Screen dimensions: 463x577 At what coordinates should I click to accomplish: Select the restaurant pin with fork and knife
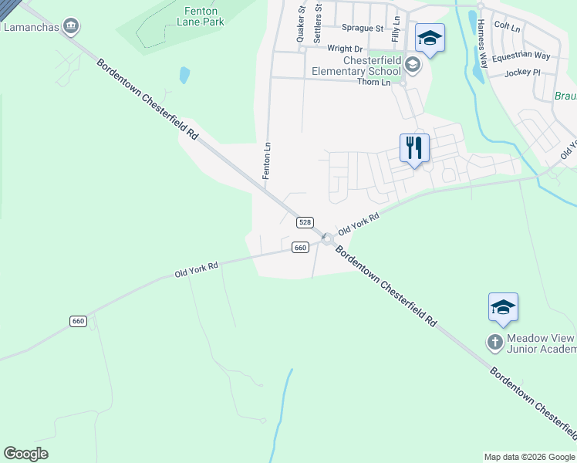pos(414,147)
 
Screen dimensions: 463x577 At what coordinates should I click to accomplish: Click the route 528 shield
pos(305,222)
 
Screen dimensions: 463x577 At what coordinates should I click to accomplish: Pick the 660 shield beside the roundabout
pos(301,247)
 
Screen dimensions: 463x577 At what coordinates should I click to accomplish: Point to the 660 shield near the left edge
pos(78,321)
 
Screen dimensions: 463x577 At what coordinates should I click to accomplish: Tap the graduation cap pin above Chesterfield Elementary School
pos(430,38)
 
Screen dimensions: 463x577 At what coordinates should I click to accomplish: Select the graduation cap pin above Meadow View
pos(503,307)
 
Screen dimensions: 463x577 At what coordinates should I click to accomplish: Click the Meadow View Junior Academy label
pos(540,344)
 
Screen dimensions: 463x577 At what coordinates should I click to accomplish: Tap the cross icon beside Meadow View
pos(494,340)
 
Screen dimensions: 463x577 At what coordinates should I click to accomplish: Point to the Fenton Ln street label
pos(267,161)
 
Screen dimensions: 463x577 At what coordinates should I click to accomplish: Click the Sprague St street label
pos(362,28)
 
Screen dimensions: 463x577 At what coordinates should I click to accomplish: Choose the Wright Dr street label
pos(344,49)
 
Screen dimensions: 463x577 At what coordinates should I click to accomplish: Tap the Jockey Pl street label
pos(523,73)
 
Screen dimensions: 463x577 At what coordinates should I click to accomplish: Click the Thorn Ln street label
pos(375,82)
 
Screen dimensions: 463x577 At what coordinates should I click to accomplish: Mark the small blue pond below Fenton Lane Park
pos(184,75)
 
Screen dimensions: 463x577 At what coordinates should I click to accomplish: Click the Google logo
pos(25,454)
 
